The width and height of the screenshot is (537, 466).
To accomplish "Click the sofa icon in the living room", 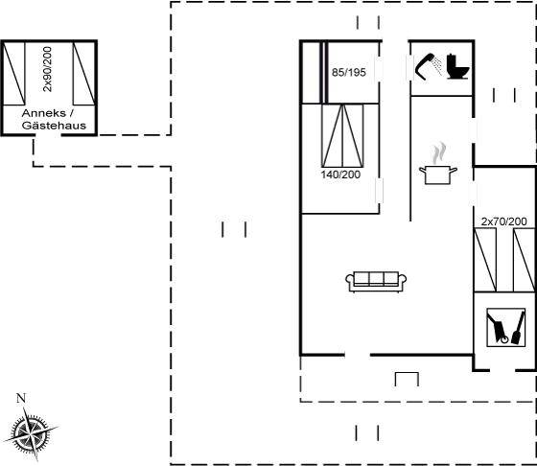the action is pos(376,282).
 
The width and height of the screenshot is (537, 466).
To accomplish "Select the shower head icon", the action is pos(427,66).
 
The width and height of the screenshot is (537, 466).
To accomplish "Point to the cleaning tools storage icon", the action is pos(506,327).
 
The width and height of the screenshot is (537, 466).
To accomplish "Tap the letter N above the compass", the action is pos(21,398).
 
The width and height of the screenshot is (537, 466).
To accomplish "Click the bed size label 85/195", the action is pos(349,72).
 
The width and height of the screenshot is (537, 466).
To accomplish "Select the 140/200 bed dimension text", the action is pos(340,175).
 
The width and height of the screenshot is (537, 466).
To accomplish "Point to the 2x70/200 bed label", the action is pos(503,221).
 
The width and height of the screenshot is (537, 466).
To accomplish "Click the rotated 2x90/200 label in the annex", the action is pos(47,69).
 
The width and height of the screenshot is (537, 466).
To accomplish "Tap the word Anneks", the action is pos(44,113).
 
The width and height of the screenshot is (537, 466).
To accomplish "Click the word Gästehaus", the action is pos(54,126).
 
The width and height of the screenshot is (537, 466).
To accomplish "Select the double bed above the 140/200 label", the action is pos(342,135).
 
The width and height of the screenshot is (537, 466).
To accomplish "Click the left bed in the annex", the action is pos(14,73).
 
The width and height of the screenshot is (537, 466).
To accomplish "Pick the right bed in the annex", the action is pos(84,73).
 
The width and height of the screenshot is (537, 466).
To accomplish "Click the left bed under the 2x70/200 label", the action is pos(485,260).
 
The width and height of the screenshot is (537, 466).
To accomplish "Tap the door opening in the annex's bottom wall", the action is pos(48,135).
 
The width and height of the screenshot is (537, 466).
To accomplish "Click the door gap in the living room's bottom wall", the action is pos(358,355).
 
